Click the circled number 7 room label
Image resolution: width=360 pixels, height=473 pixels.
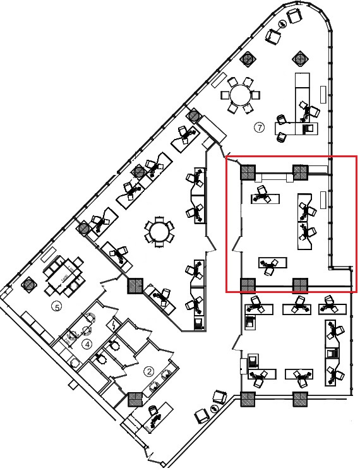pyautogui.click(x=259, y=128)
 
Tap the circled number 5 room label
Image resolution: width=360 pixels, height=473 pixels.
pyautogui.click(x=56, y=307)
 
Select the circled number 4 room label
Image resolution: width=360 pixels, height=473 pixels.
pyautogui.click(x=87, y=344)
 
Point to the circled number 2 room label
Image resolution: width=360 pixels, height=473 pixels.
pyautogui.click(x=149, y=371)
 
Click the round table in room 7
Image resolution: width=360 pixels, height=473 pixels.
pyautogui.click(x=241, y=95)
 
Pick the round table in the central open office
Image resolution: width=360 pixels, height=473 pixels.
pyautogui.click(x=160, y=232)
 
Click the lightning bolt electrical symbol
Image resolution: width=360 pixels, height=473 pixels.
pyautogui.click(x=114, y=325)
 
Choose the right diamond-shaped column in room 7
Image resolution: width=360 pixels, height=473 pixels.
pyautogui.click(x=301, y=58)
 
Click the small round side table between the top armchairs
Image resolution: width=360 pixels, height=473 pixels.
pyautogui.click(x=283, y=23)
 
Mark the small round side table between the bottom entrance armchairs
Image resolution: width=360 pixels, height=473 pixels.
pyautogui.click(x=214, y=409)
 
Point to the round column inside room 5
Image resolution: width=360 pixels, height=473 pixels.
pyautogui.click(x=28, y=284)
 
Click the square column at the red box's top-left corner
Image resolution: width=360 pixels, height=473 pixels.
pyautogui.click(x=248, y=172)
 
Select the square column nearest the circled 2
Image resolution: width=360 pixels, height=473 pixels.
pyautogui.click(x=135, y=400)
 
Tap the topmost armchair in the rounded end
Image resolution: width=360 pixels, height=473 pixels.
pyautogui.click(x=294, y=15)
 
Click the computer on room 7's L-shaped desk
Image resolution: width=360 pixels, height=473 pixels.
pyautogui.click(x=308, y=129)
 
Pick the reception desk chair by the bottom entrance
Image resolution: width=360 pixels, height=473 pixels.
pyautogui.click(x=153, y=411)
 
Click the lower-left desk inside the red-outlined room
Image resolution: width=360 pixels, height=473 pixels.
pyautogui.click(x=273, y=263)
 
